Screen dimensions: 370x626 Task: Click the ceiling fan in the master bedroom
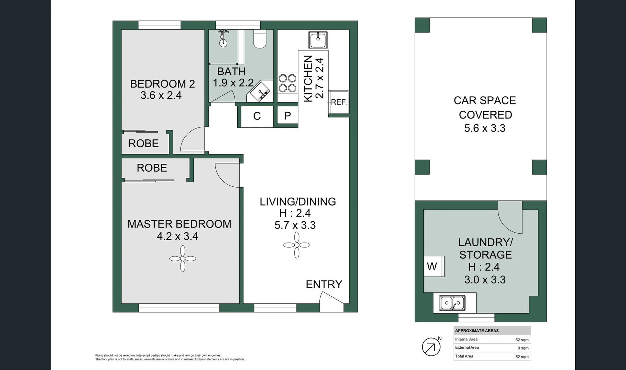[x=182, y=259]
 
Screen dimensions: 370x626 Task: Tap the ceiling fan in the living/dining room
[x=297, y=245]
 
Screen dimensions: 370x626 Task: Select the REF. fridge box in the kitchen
[x=339, y=102]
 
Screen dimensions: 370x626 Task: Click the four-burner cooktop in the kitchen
[x=287, y=83]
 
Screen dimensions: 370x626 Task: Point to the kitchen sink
[x=318, y=40]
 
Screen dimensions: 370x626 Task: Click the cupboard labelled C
[x=257, y=116]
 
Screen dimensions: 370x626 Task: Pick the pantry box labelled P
[x=287, y=116]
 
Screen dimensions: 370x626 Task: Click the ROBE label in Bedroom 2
[x=143, y=143]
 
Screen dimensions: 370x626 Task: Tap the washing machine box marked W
[x=433, y=266]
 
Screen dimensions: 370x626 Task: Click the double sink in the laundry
[x=452, y=303]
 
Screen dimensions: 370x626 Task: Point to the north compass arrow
[x=431, y=347]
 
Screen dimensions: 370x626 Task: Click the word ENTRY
[x=324, y=284]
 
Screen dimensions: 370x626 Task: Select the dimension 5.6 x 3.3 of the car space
[x=485, y=128]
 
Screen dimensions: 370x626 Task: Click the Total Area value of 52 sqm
[x=522, y=357]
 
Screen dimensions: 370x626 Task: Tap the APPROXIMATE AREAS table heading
[x=477, y=331]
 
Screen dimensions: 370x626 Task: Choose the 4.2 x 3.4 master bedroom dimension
[x=177, y=236]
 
